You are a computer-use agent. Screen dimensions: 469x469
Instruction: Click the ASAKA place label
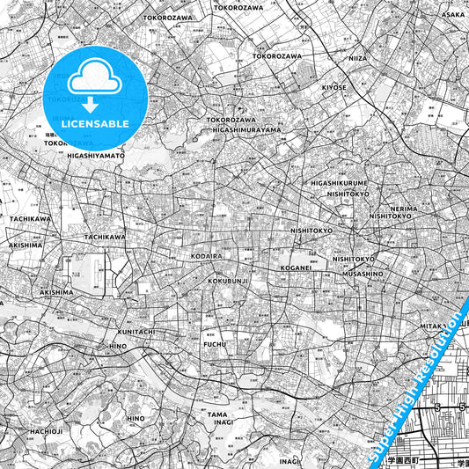tap(452, 15)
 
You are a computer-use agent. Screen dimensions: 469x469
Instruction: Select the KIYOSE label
tap(334, 88)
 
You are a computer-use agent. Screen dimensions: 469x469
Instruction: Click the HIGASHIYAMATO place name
tap(95, 155)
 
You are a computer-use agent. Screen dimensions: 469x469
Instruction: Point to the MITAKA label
tap(431, 326)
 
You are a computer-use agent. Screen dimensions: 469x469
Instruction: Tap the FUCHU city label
tap(215, 344)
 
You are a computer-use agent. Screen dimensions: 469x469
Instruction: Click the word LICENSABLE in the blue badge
tap(95, 123)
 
